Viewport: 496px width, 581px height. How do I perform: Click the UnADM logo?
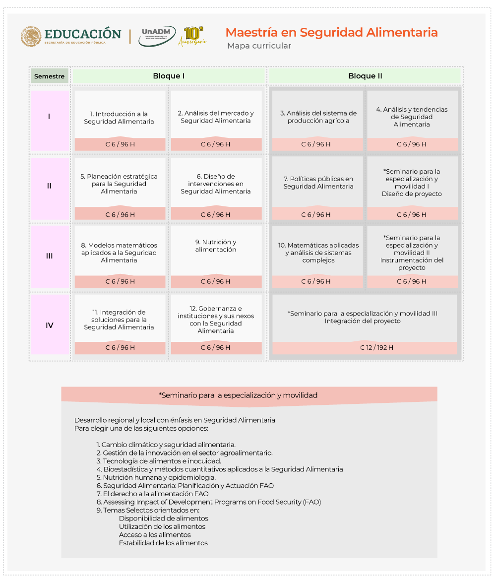(157, 36)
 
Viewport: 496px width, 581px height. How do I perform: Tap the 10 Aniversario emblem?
(192, 36)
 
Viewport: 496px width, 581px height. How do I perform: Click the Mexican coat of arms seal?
(31, 36)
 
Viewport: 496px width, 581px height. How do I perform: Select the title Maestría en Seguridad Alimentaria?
(331, 33)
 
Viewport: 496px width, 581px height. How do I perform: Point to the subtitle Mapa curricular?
(259, 46)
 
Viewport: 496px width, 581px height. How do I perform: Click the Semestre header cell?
(49, 76)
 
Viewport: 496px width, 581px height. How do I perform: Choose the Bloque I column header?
(169, 76)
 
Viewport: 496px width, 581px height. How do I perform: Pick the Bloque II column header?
(365, 76)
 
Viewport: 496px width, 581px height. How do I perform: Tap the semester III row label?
(50, 256)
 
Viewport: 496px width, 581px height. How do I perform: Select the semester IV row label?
(50, 325)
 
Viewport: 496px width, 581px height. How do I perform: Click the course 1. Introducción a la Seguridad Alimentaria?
(119, 118)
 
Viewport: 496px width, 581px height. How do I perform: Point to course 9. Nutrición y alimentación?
(216, 246)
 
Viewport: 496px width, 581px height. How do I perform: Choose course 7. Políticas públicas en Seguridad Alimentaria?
(318, 183)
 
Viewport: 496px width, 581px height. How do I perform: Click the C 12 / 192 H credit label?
(377, 348)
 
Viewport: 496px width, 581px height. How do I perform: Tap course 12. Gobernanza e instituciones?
(216, 320)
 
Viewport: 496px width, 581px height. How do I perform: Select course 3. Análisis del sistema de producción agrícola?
(318, 117)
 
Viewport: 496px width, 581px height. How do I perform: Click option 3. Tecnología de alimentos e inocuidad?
(159, 461)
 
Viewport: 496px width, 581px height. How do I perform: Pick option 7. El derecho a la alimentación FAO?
(153, 494)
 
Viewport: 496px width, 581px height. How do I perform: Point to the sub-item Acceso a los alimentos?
(155, 535)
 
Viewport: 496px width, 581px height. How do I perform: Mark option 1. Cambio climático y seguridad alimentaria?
(166, 445)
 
